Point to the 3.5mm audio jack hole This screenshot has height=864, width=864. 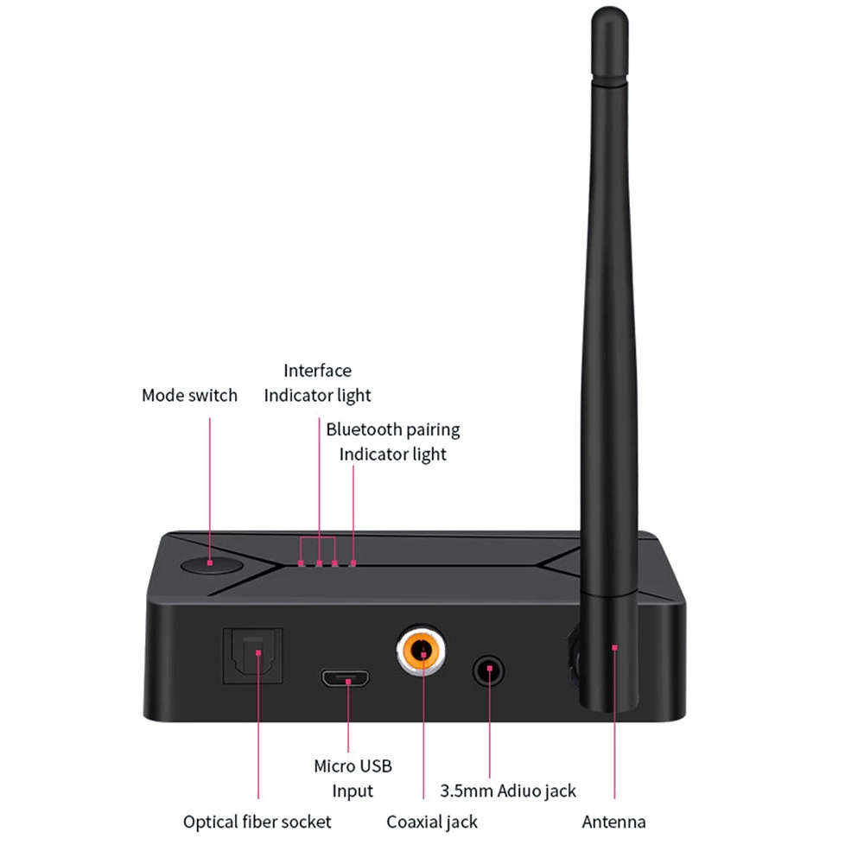pos(489,670)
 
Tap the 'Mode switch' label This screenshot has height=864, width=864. pos(189,396)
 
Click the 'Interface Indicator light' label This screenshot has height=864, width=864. pos(317,383)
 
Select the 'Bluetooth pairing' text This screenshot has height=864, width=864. pos(392,429)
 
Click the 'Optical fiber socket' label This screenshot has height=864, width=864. pos(257,822)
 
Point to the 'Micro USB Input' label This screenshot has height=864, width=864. pos(353,778)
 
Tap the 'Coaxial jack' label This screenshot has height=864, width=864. pos(432,822)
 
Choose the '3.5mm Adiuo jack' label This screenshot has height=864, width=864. pos(508,791)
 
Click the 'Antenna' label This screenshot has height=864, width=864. pos(613,822)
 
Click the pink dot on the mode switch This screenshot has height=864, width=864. pos(210,562)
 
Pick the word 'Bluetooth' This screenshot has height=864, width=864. pos(364,429)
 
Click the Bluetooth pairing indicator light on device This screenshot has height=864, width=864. pos(353,563)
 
